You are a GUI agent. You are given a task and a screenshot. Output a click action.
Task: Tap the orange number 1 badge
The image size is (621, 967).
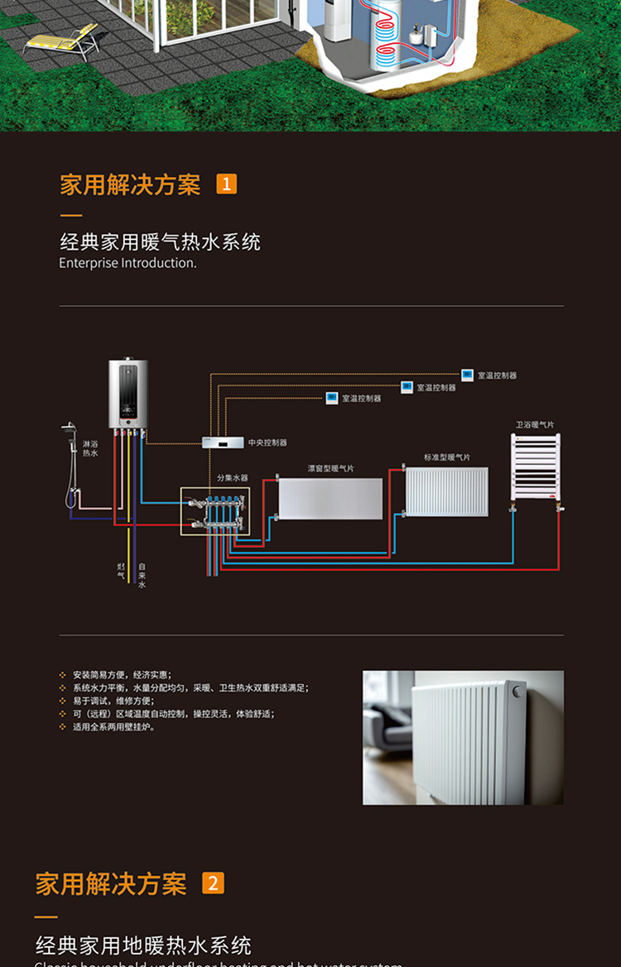pyautogui.click(x=226, y=184)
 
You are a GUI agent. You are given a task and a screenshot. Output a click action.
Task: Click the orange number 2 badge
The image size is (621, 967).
pyautogui.click(x=213, y=883)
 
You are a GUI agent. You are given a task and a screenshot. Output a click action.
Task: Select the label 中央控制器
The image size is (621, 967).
pyautogui.click(x=267, y=443)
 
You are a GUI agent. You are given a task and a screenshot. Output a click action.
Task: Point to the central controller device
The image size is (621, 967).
pyautogui.click(x=224, y=443)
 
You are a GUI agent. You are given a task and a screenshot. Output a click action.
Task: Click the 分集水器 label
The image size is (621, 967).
pyautogui.click(x=232, y=478)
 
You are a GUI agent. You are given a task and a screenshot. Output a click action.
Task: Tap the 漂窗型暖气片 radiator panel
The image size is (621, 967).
pyautogui.click(x=330, y=499)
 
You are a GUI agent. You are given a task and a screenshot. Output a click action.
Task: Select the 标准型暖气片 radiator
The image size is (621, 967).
pyautogui.click(x=446, y=490)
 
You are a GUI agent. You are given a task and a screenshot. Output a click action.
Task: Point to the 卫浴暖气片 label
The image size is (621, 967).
pyautogui.click(x=535, y=425)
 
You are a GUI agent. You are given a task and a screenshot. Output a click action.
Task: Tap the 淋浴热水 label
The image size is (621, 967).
pyautogui.click(x=90, y=449)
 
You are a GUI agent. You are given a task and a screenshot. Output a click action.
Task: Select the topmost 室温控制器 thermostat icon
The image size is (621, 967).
pyautogui.click(x=467, y=375)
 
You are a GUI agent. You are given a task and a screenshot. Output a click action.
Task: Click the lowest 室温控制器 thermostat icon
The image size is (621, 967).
pyautogui.click(x=332, y=398)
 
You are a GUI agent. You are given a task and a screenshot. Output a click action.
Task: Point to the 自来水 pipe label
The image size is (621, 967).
pyautogui.click(x=142, y=575)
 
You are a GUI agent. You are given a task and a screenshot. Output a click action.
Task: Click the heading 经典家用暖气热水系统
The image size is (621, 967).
pyautogui.click(x=160, y=242)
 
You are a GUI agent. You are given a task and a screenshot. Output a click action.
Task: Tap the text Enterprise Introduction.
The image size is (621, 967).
pyautogui.click(x=128, y=263)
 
